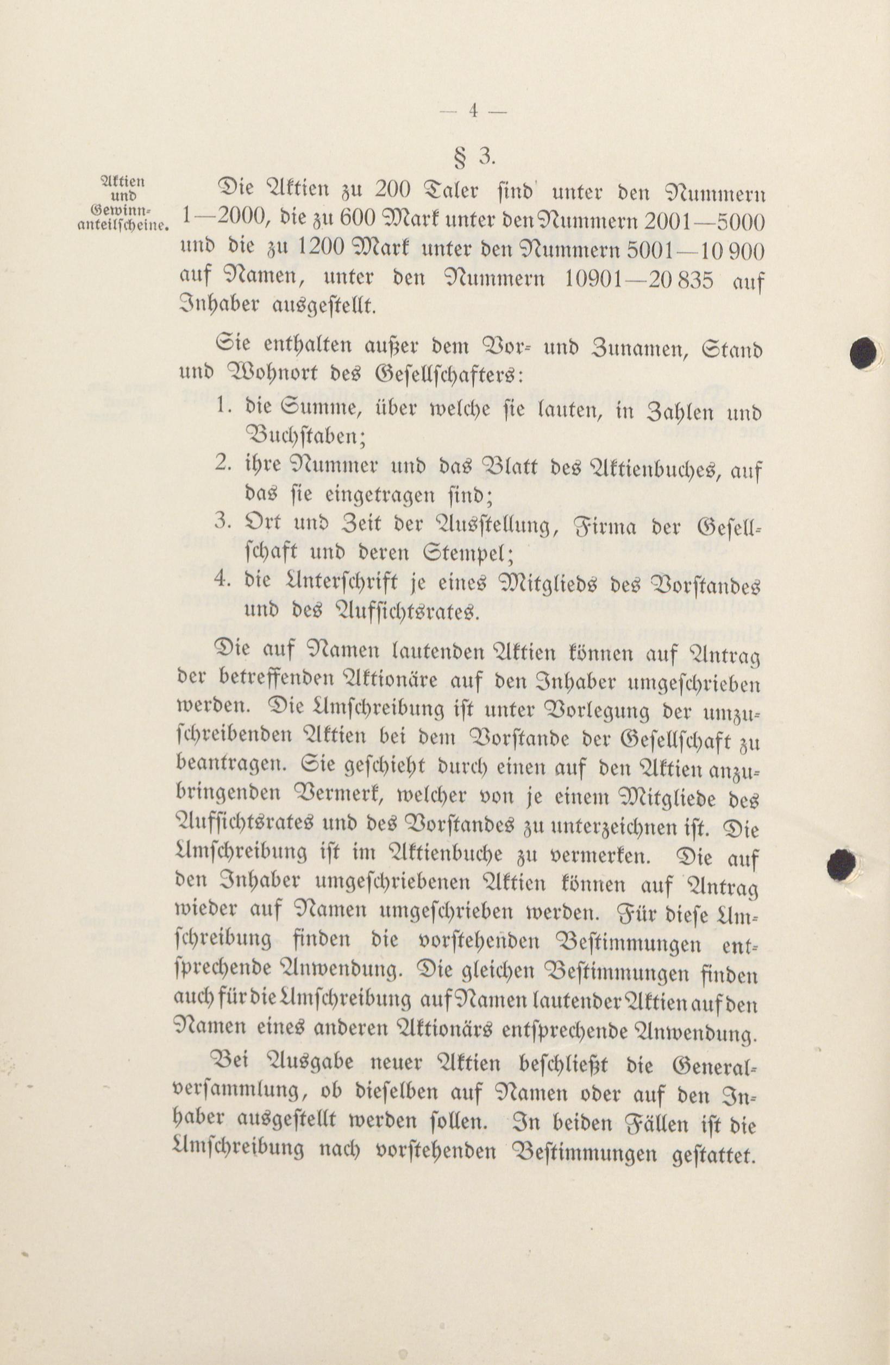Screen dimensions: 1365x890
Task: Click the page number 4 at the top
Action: [x=473, y=111]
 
